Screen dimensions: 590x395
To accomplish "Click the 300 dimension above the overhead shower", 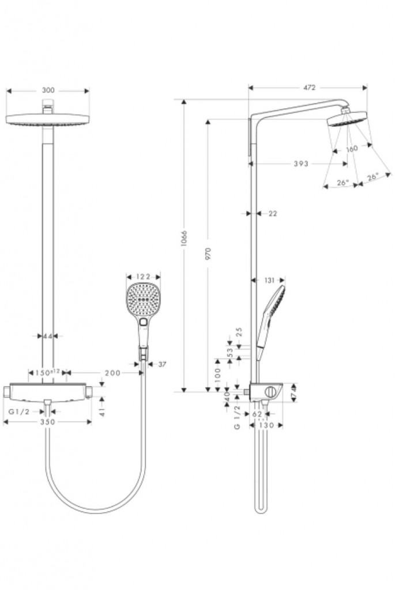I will tap(48, 90).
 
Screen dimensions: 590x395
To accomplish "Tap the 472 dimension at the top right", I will tap(309, 88).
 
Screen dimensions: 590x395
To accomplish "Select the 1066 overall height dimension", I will tap(184, 238).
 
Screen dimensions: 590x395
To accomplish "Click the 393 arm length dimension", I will tap(300, 164).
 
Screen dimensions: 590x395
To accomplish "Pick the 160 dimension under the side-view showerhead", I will tap(352, 148).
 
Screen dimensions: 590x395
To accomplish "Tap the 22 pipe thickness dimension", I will tap(273, 213).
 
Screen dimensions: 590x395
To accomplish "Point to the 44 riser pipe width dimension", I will tap(48, 335).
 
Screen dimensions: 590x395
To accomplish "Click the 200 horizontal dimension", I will tap(113, 373).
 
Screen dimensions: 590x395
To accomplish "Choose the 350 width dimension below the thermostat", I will tap(47, 422).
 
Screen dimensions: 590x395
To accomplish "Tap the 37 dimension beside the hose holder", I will tap(161, 364).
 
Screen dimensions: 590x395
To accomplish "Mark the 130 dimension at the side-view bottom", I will tap(266, 426).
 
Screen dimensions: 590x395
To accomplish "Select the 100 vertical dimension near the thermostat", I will tap(217, 375).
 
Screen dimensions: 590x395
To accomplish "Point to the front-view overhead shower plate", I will tap(48, 120).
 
